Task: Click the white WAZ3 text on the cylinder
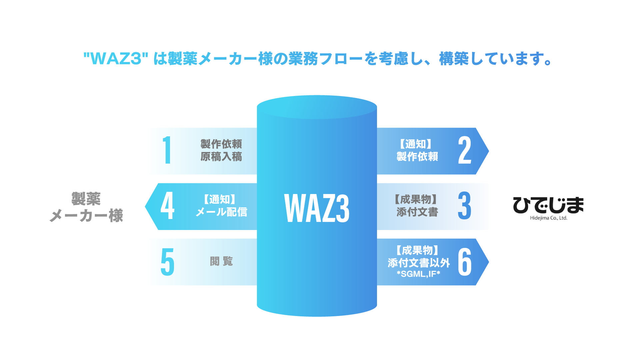(x=317, y=208)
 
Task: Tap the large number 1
(x=167, y=150)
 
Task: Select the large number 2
(x=465, y=150)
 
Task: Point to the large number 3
(x=464, y=206)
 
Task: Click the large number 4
(x=167, y=206)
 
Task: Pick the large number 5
(x=167, y=262)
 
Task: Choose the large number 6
(x=465, y=262)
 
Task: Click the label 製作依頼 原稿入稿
(x=221, y=150)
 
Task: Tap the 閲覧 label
(x=221, y=261)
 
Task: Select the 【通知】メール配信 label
(x=221, y=206)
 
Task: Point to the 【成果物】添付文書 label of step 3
(x=417, y=206)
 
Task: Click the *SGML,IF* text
(x=418, y=274)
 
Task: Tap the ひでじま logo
(x=548, y=205)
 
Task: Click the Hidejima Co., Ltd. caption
(x=548, y=218)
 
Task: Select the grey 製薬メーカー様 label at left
(x=86, y=207)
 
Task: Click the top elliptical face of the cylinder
(x=317, y=107)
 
